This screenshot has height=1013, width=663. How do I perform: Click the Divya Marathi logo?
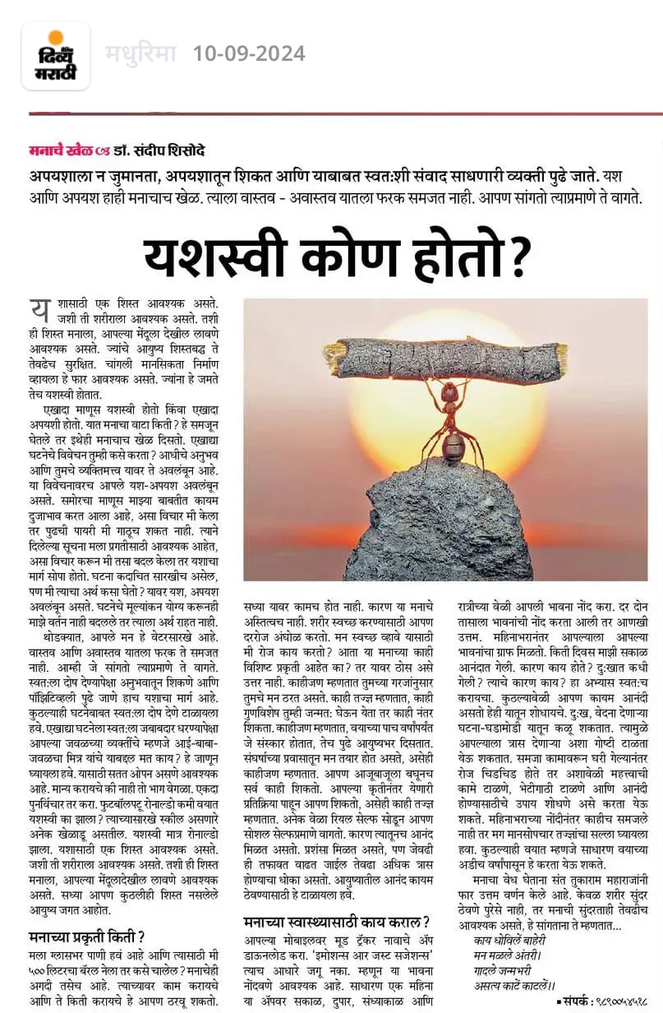[x=56, y=56]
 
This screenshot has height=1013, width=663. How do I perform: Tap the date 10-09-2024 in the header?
[x=249, y=54]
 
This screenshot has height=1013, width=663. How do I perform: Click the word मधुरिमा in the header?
[x=140, y=54]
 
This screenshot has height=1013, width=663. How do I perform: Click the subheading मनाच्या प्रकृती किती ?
[x=87, y=935]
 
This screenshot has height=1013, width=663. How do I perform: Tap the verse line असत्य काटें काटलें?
[x=515, y=984]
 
